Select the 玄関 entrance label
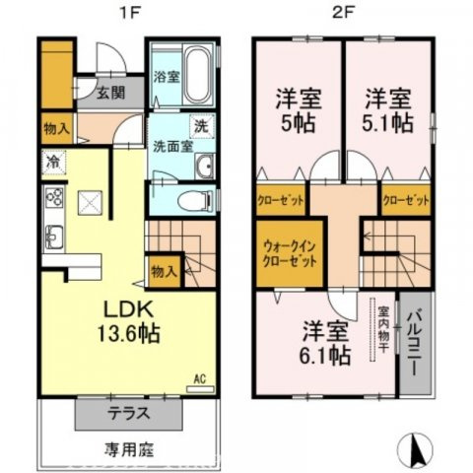(x=110, y=94)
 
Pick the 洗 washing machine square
(x=201, y=126)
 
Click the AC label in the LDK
(x=199, y=378)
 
